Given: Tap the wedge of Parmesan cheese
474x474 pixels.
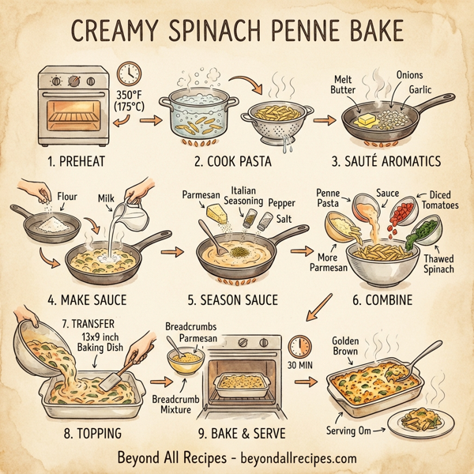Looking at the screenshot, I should [x=215, y=213].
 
